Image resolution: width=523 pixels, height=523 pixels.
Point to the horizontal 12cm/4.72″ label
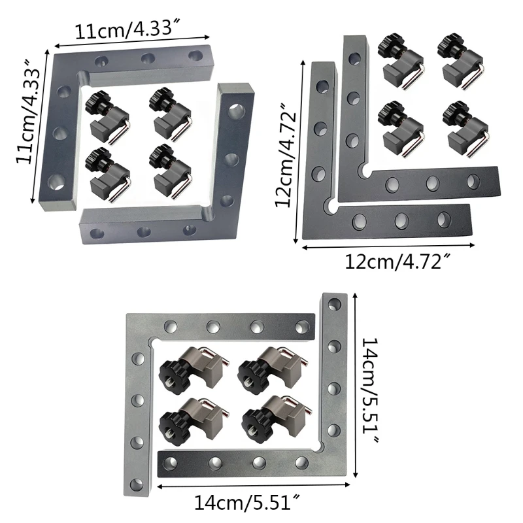coord(397,261)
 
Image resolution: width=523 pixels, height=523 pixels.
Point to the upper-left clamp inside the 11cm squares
coord(108,111)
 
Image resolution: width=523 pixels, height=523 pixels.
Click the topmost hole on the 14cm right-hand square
coord(334,303)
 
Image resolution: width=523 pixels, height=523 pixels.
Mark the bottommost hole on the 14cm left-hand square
coord(137,484)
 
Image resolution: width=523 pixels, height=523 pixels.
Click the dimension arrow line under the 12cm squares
coord(389,246)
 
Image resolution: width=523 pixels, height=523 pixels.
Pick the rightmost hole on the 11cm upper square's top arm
coord(195,54)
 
